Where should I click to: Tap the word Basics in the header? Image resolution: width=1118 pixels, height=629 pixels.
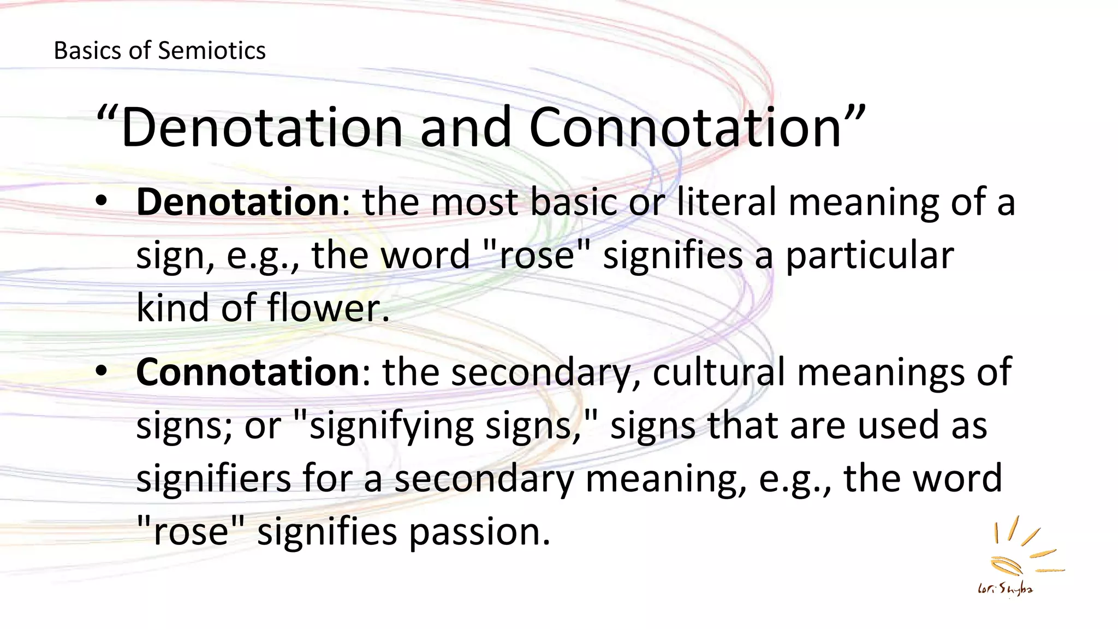pyautogui.click(x=87, y=51)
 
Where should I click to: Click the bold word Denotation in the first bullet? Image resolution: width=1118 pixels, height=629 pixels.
pyautogui.click(x=239, y=202)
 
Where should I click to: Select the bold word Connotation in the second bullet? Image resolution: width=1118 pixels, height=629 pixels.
pyautogui.click(x=248, y=372)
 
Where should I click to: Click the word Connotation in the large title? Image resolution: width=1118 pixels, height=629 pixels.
pyautogui.click(x=685, y=128)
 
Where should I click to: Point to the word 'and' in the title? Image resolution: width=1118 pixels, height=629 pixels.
pyautogui.click(x=465, y=128)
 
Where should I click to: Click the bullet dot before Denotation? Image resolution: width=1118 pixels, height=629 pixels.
pyautogui.click(x=102, y=201)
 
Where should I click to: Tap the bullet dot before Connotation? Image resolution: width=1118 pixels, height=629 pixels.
pyautogui.click(x=102, y=371)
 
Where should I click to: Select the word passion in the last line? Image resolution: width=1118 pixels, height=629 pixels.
pyautogui.click(x=479, y=532)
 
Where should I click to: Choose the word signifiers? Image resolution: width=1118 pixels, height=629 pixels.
pyautogui.click(x=213, y=478)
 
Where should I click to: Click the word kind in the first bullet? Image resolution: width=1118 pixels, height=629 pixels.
pyautogui.click(x=172, y=308)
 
